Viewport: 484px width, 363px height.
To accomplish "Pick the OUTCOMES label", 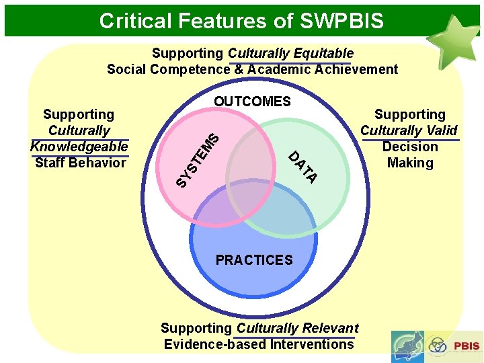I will pos(252,102).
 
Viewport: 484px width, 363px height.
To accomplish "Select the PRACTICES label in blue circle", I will pos(254,259).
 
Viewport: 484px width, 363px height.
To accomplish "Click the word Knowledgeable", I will pos(79,147).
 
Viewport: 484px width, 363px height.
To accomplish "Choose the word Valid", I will pos(441,131).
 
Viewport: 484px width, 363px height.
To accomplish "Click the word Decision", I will pos(410,147).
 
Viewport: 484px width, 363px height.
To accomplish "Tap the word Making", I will pos(410,163).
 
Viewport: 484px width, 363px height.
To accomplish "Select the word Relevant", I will pos(330,328).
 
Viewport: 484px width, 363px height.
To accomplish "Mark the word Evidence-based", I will pos(215,344).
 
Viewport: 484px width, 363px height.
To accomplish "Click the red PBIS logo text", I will pos(467,346).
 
